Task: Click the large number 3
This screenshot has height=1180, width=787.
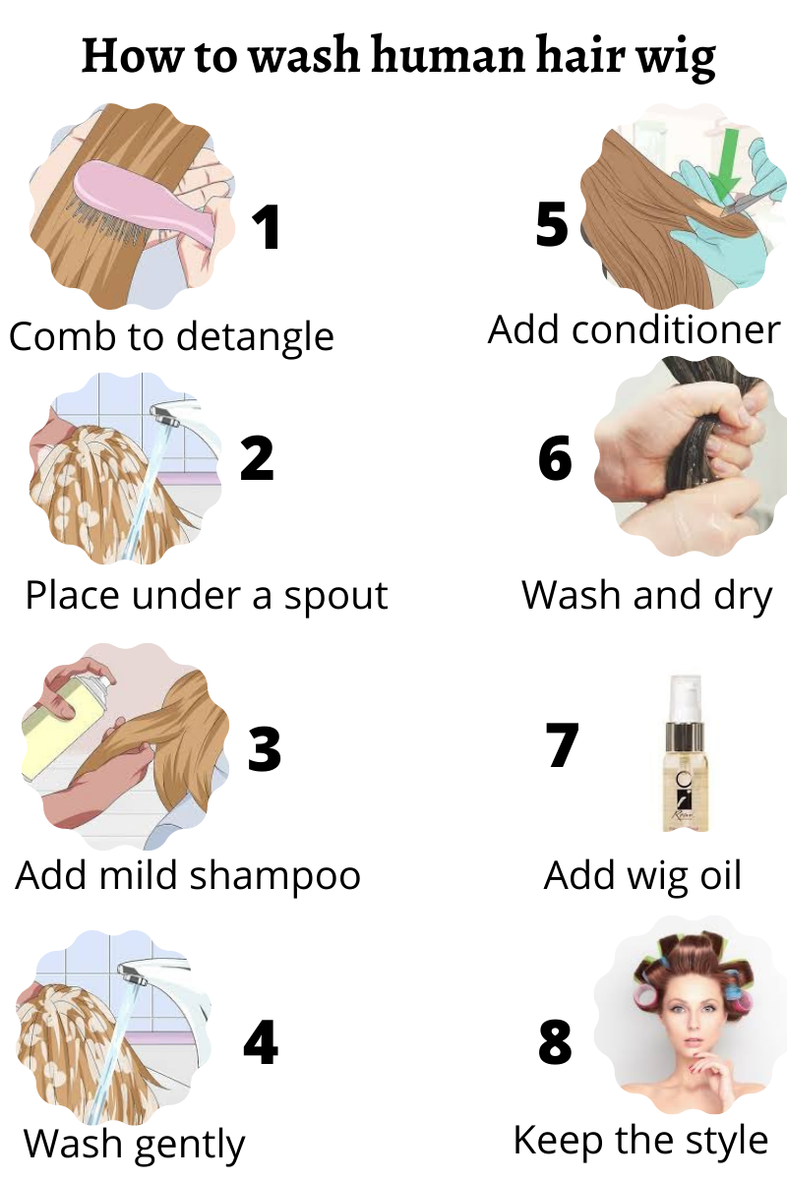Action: [x=264, y=748]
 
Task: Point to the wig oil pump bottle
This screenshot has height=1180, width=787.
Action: [x=685, y=753]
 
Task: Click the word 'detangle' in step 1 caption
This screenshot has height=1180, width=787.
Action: [x=255, y=337]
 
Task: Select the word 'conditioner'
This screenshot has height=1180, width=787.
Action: [x=676, y=330]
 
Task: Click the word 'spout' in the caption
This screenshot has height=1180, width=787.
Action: [x=335, y=597]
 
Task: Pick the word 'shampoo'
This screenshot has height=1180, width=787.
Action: [x=274, y=876]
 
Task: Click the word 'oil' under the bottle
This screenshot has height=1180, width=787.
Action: [x=721, y=875]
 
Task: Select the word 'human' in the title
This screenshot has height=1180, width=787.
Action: [x=449, y=54]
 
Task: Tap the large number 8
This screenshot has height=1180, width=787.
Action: [x=555, y=1040]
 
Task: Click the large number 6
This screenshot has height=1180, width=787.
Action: [x=555, y=458]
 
